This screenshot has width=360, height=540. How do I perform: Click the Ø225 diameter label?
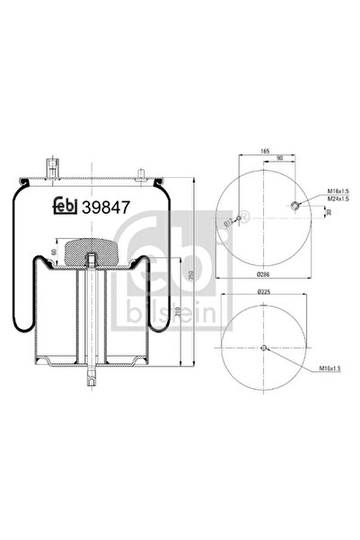(x=264, y=292)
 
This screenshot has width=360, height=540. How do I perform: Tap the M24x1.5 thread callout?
(x=315, y=199)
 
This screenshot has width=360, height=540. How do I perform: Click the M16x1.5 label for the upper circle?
(x=315, y=191)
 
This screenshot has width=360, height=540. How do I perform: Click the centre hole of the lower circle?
(x=264, y=349)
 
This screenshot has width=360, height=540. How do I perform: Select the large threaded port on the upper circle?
(x=294, y=208)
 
